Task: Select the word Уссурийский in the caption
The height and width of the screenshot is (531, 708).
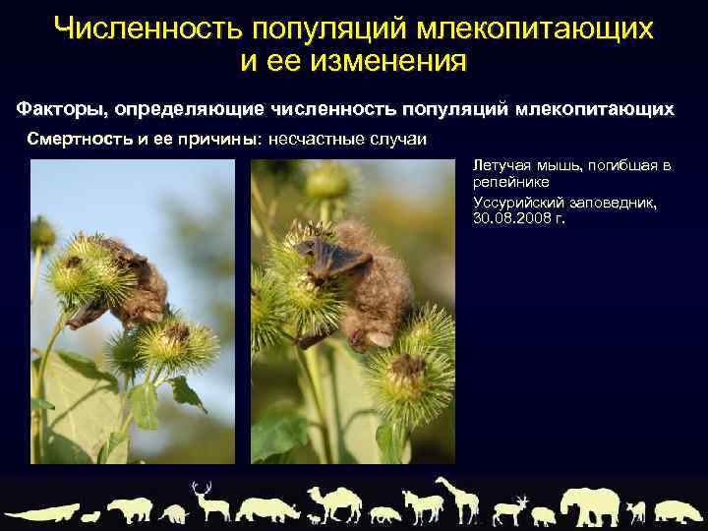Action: coord(518,201)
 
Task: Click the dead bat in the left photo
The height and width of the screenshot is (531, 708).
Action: coord(123,280)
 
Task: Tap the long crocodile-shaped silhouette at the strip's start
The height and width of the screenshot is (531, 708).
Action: coord(44,511)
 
